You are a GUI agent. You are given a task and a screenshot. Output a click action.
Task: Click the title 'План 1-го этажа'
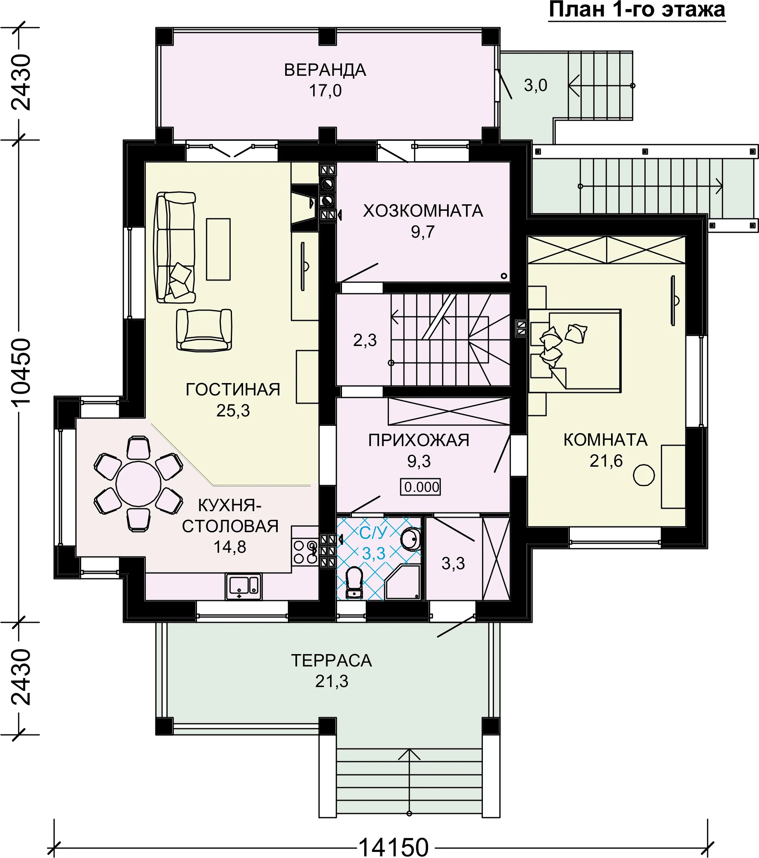coord(637,10)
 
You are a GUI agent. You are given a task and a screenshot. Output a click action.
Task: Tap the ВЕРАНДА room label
coord(325,70)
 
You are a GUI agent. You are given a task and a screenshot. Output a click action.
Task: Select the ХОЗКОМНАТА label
coord(423,211)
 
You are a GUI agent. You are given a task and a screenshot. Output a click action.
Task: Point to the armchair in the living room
coord(204,330)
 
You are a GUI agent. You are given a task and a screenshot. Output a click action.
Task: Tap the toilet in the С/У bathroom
coord(354,582)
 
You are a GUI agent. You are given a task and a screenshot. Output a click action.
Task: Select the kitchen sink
coord(244,587)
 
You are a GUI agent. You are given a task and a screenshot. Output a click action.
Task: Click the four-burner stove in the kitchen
coord(305,552)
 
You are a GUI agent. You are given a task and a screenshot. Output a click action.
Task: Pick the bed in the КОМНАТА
coord(575,351)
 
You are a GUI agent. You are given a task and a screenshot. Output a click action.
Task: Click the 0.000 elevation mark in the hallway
coord(421,487)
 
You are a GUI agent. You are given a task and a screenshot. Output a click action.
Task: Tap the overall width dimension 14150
coord(394,846)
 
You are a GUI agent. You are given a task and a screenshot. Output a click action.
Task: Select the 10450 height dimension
coord(21,372)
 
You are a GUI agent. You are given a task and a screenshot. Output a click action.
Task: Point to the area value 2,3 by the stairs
coord(365,340)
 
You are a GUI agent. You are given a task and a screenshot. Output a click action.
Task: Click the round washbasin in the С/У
coord(410,539)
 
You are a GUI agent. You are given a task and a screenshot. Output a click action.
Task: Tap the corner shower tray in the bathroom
coord(403,582)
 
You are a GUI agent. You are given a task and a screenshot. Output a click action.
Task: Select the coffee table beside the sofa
coord(218,249)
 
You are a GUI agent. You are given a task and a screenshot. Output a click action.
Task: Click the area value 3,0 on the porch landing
coord(535,85)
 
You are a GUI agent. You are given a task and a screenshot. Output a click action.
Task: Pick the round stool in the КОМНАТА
coord(644,475)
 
